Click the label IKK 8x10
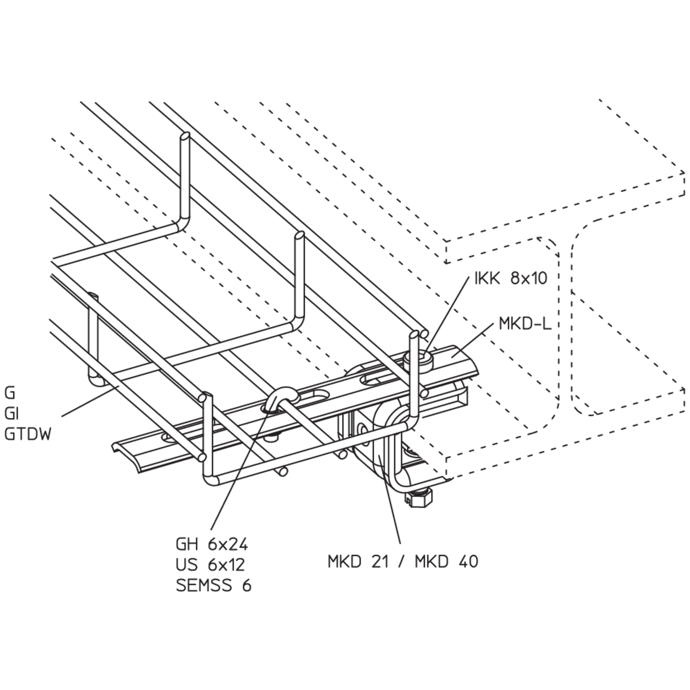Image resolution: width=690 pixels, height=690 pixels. point(510,278)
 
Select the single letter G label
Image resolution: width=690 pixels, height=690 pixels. point(10,394)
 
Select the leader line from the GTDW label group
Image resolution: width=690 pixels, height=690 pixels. point(90,401)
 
